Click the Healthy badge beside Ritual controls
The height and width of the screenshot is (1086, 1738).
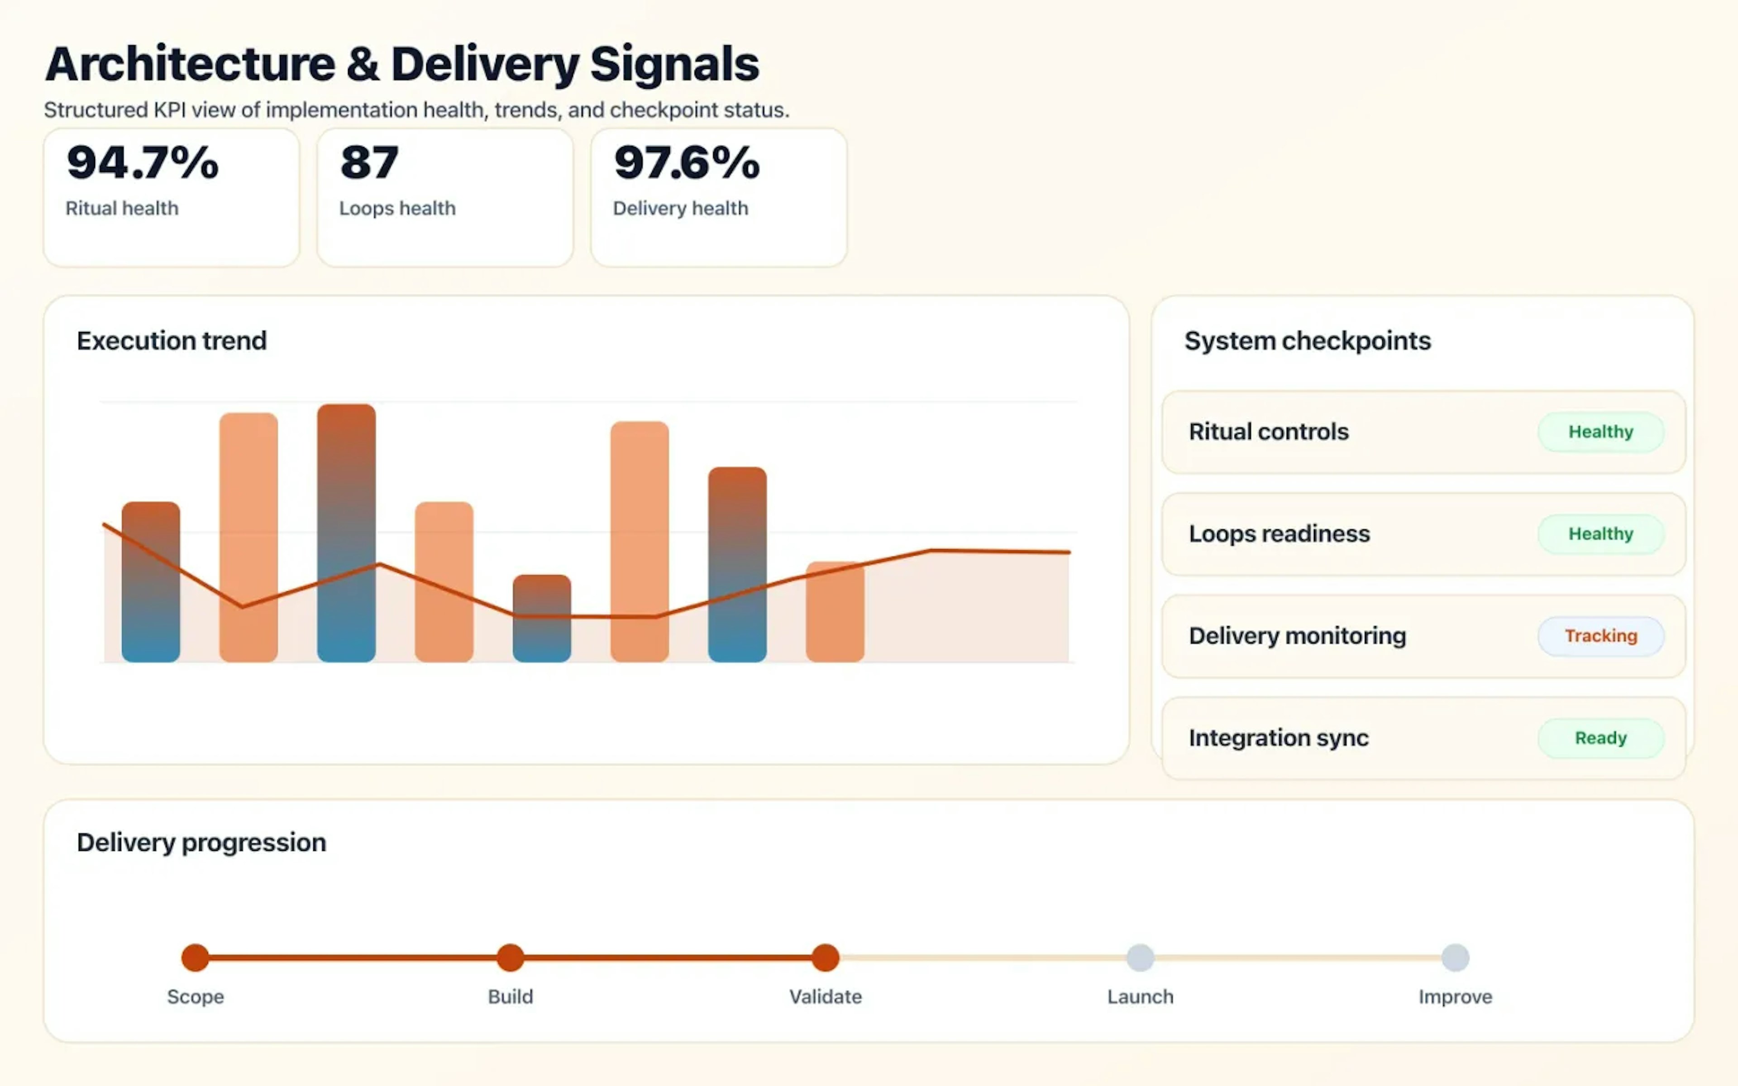click(x=1600, y=432)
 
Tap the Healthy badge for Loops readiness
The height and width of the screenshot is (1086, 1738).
click(x=1600, y=533)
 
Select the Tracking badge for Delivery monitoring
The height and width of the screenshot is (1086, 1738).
click(x=1600, y=636)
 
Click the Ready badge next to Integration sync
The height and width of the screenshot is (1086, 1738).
click(x=1600, y=738)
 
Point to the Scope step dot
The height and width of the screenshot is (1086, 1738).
click(x=196, y=957)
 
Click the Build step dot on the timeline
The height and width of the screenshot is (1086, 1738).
click(x=510, y=957)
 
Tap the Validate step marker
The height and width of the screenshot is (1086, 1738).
click(x=825, y=957)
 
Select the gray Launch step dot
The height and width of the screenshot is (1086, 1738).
click(x=1140, y=957)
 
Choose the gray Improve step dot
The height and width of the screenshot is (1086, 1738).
click(x=1455, y=957)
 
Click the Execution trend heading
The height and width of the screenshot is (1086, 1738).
click(x=172, y=340)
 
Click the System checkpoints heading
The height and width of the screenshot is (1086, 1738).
click(x=1307, y=340)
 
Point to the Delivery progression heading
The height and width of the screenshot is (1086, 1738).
click(x=201, y=842)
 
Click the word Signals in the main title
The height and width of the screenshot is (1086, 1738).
click(x=673, y=65)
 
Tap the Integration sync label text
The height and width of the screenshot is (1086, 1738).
click(x=1278, y=738)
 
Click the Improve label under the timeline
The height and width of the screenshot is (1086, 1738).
click(x=1455, y=997)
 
